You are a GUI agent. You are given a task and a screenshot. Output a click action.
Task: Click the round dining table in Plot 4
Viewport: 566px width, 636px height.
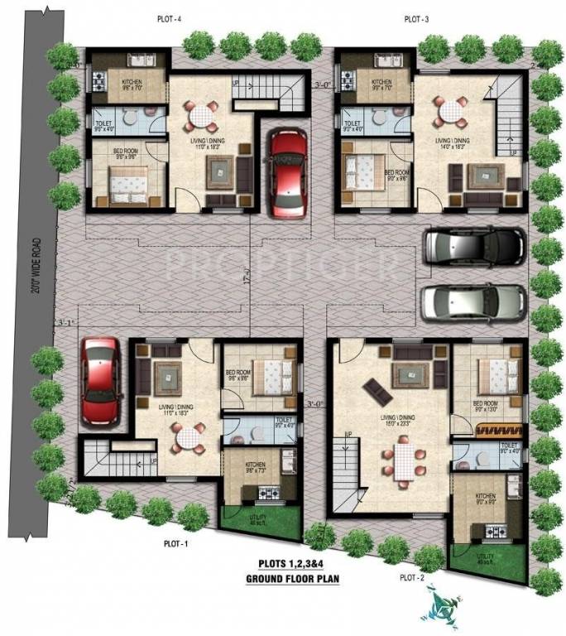[199, 117]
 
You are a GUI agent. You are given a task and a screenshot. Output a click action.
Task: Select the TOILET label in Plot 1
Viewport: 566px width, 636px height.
[285, 421]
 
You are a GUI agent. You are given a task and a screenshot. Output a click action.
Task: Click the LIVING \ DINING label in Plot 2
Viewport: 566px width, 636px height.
[395, 418]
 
